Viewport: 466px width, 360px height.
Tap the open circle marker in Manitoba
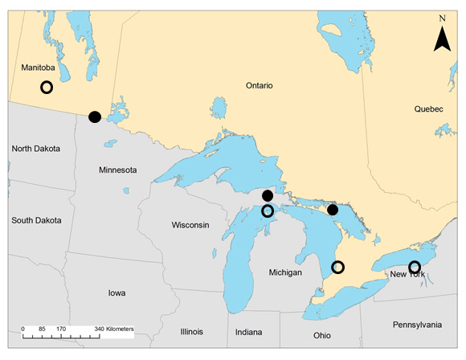pos(47,87)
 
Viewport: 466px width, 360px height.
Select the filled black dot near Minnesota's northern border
pos(95,117)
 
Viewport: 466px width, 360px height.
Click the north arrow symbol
pos(441,39)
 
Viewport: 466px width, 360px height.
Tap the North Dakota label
pos(37,149)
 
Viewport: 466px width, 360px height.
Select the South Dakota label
pos(38,219)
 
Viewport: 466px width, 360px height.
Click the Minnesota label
pos(117,170)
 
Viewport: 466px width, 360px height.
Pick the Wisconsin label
pos(190,225)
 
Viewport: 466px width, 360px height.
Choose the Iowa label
pos(117,293)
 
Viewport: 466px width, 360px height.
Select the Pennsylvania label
pos(417,325)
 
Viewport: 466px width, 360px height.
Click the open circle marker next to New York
pos(415,267)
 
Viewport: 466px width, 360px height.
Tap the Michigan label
pos(285,273)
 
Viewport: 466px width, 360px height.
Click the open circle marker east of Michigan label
pos(337,267)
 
